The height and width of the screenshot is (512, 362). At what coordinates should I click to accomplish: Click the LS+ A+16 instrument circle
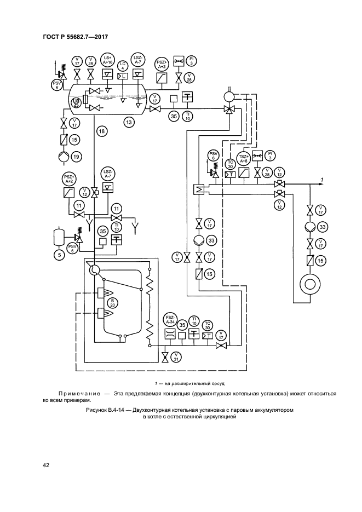click(x=107, y=60)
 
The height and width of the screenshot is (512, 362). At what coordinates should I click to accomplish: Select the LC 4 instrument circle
click(x=123, y=61)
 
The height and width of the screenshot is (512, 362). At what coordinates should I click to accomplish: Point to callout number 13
click(x=129, y=122)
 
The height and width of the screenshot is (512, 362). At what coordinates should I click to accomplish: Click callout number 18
click(x=101, y=130)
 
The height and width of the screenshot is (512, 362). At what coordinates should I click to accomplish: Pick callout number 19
click(x=76, y=157)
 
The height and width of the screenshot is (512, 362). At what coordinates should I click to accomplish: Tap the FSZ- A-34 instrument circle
click(x=169, y=320)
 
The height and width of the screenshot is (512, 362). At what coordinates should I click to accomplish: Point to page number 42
click(x=46, y=465)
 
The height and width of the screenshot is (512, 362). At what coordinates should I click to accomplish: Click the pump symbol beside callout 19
click(x=64, y=157)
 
